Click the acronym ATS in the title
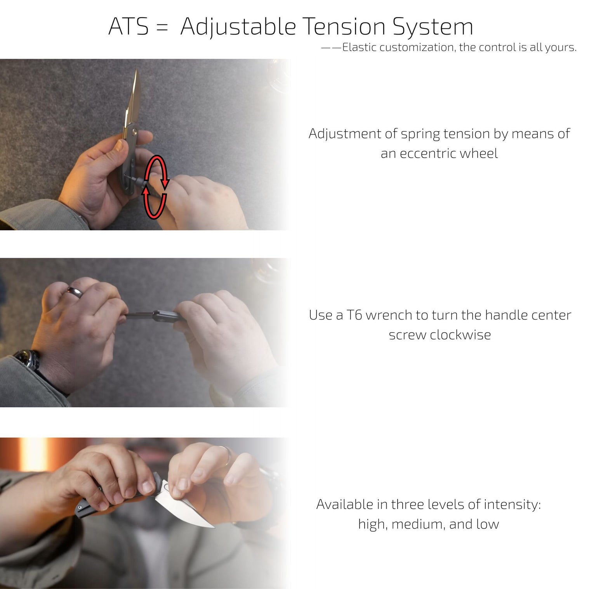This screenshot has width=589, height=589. (x=128, y=26)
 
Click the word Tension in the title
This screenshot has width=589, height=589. (x=344, y=26)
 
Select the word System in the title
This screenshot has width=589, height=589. (x=433, y=28)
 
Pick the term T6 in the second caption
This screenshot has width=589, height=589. (x=354, y=315)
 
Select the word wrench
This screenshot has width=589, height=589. (x=389, y=315)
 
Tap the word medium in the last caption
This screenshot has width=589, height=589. (x=418, y=524)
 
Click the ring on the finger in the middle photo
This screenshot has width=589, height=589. (x=74, y=292)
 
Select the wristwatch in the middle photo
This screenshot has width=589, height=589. (x=28, y=358)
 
